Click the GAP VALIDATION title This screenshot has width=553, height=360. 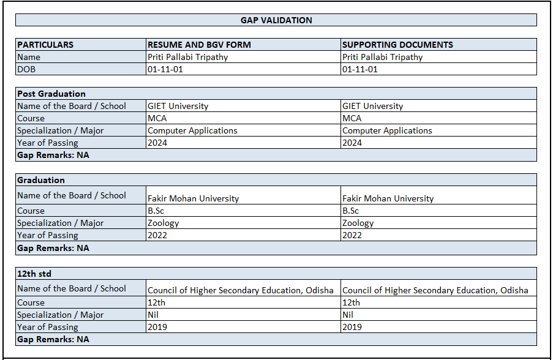click(x=276, y=20)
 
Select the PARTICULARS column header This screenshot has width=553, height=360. click(x=45, y=45)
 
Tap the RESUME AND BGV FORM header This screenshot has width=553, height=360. click(x=199, y=45)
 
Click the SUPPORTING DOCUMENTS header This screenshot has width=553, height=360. click(x=397, y=45)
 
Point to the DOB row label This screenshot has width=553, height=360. click(x=26, y=69)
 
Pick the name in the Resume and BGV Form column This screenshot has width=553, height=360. click(x=187, y=57)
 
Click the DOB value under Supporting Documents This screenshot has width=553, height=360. click(x=360, y=69)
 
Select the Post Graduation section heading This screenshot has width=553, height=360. click(x=51, y=94)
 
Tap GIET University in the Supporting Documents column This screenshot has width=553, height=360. click(x=372, y=106)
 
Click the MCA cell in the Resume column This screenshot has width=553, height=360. click(x=157, y=118)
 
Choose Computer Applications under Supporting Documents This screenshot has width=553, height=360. click(x=387, y=130)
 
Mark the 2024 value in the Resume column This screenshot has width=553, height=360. click(x=157, y=143)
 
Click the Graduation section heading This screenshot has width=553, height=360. click(x=41, y=180)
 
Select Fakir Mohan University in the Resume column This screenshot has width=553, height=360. click(x=193, y=198)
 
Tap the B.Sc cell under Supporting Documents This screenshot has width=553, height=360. click(x=350, y=211)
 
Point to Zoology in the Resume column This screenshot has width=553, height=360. click(x=164, y=223)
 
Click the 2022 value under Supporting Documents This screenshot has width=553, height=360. click(x=352, y=235)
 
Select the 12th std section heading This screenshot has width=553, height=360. click(x=34, y=273)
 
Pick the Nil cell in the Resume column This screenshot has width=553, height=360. click(x=153, y=315)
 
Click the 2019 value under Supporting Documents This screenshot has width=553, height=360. click(x=352, y=327)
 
